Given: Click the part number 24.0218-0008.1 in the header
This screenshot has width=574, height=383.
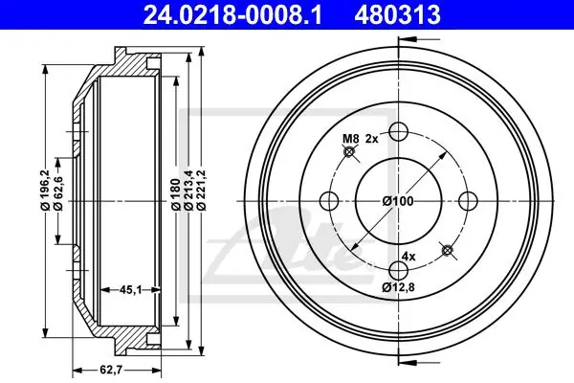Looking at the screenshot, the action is (x=232, y=14).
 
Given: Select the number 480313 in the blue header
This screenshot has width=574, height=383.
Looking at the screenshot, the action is (x=397, y=14).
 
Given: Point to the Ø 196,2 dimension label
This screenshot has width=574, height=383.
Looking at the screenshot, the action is (x=45, y=190).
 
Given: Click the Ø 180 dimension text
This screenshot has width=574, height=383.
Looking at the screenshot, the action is (x=176, y=194).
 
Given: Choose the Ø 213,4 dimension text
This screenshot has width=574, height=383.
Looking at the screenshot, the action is (x=188, y=191).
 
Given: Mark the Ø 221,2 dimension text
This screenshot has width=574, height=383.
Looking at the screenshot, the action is (x=202, y=191).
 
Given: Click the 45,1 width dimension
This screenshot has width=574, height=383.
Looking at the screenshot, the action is (x=131, y=290).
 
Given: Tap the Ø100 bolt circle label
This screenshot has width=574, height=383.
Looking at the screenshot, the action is (x=398, y=201).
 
